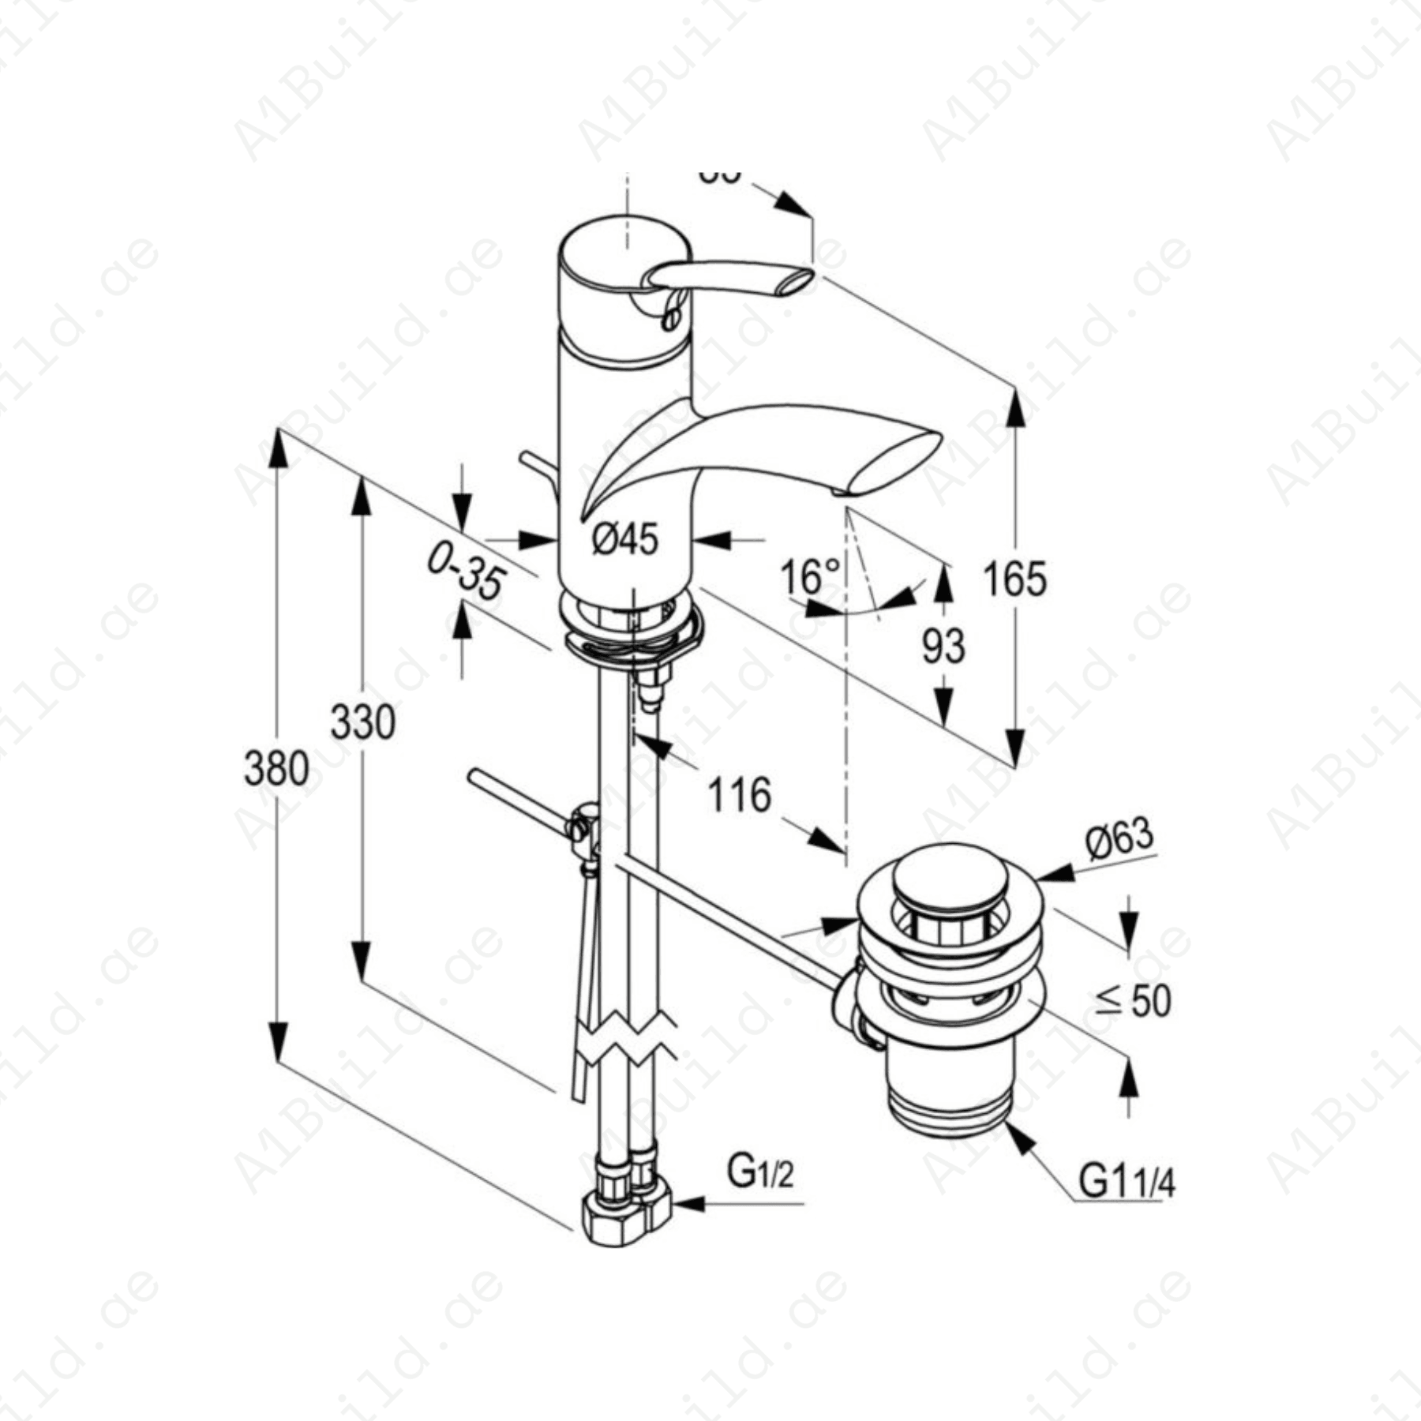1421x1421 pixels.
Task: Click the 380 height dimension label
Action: coord(276,767)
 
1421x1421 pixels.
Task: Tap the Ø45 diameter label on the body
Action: coord(624,540)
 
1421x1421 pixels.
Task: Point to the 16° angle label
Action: coord(809,576)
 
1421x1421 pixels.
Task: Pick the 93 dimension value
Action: coord(943,646)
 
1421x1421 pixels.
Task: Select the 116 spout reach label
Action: coord(739,795)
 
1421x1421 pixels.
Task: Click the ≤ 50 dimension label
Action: coord(1134,1001)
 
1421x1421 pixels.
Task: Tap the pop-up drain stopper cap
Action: coord(951,874)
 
